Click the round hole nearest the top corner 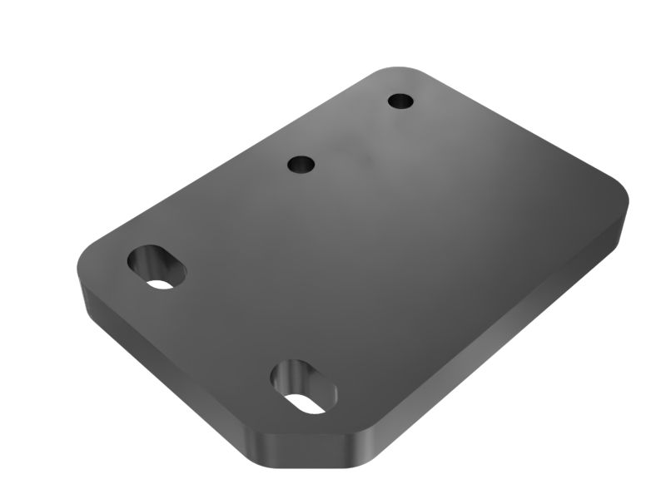coord(400,101)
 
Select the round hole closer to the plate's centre coord(301,164)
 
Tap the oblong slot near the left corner coord(157,266)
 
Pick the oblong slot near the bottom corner coord(304,386)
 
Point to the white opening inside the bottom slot coord(307,403)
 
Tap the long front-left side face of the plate coord(166,374)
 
